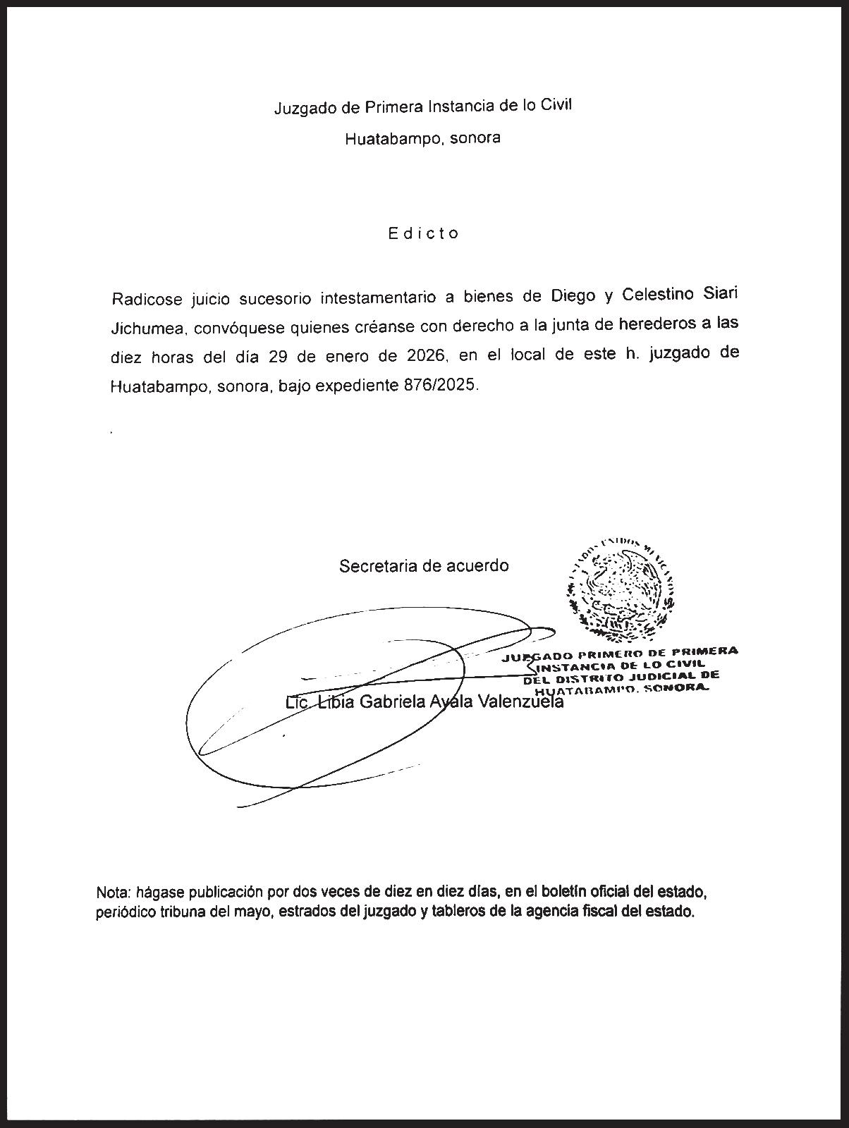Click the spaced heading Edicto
click(423, 233)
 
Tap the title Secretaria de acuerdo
click(424, 565)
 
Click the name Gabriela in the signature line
click(393, 702)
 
